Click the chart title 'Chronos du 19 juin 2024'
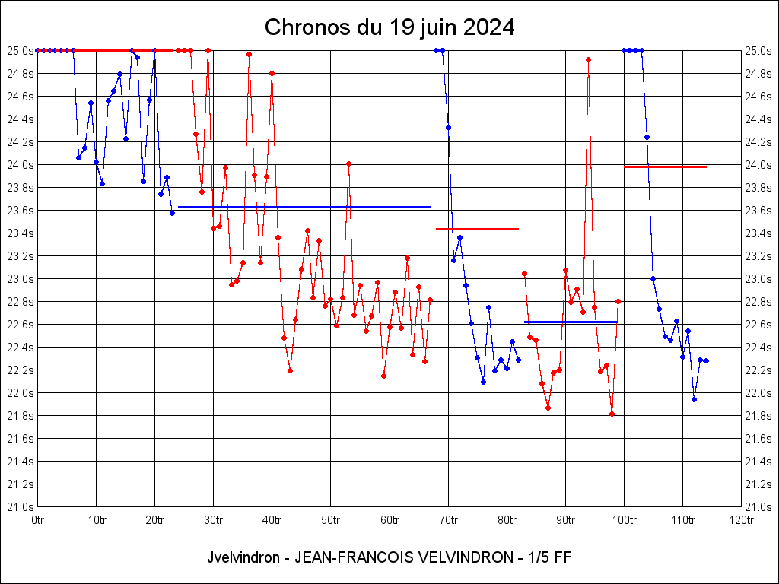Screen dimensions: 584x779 pos(389,28)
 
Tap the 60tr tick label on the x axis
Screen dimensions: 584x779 pos(389,520)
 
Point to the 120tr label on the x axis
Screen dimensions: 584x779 pos(741,520)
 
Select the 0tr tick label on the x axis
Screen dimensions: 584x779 pos(37,520)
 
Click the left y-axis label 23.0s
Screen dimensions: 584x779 pos(20,279)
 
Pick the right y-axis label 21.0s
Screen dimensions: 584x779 pos(759,507)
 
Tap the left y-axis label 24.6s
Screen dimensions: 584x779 pos(20,97)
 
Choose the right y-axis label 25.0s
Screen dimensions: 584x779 pos(759,51)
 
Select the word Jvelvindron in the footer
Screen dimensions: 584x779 pos(241,557)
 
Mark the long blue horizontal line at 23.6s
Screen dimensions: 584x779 pos(304,207)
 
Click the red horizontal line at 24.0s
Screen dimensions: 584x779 pos(666,167)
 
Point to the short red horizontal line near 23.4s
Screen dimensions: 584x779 pos(477,229)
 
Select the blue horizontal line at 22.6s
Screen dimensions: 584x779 pos(571,322)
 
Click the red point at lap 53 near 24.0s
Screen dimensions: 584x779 pos(348,163)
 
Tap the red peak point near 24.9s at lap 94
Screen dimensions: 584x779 pos(589,59)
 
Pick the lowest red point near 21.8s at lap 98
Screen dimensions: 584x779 pos(612,414)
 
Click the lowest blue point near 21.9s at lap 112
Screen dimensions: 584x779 pos(694,399)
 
